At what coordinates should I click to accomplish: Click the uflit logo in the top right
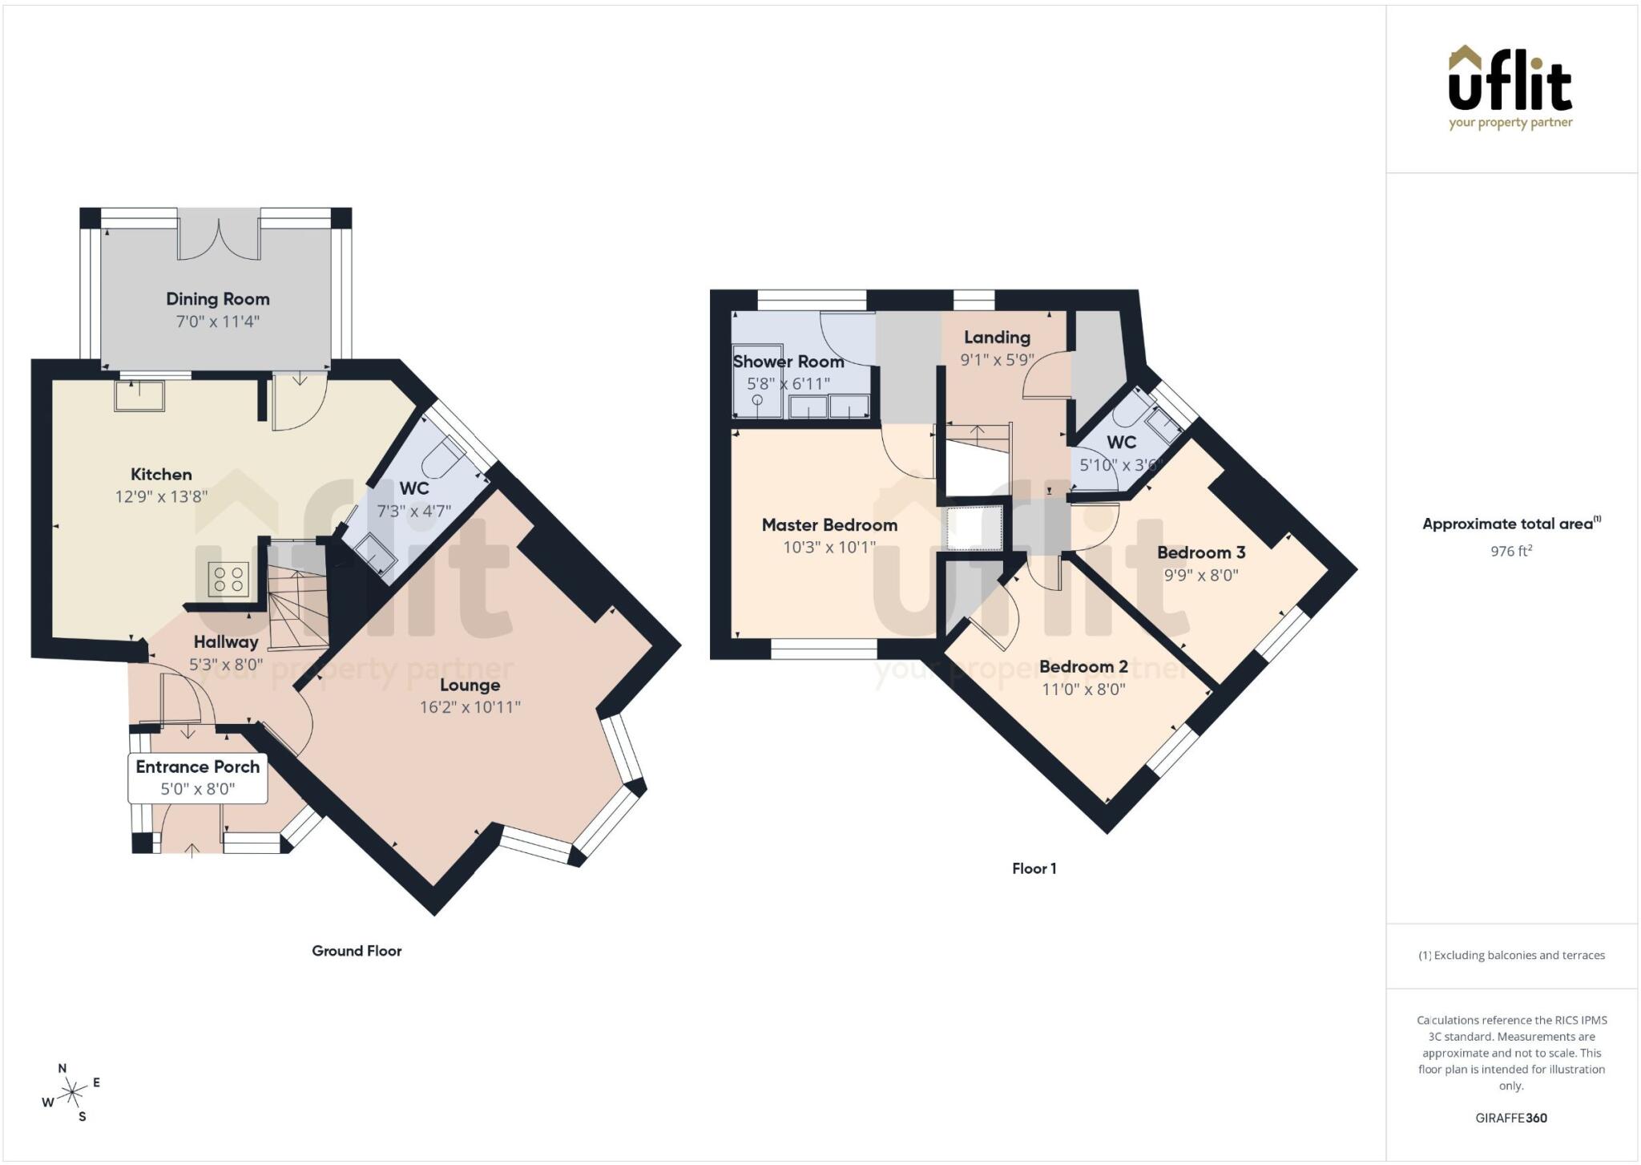coord(1510,87)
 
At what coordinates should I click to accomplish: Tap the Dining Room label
coord(218,299)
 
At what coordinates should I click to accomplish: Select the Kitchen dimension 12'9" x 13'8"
coord(161,496)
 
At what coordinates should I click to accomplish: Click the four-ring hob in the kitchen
coord(228,579)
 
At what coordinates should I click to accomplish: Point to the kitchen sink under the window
coord(139,395)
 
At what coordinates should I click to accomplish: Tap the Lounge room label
coord(470,686)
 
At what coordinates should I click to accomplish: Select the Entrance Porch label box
coord(198,777)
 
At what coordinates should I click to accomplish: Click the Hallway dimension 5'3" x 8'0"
coord(226,664)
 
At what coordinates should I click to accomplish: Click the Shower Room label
coord(788,362)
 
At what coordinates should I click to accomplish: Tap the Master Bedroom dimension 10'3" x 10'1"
coord(829,547)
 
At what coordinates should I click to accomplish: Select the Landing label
coord(997,338)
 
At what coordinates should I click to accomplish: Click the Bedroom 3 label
coord(1201,552)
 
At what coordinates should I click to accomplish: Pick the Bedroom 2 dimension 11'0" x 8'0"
coord(1084,689)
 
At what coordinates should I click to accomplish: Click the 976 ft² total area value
coord(1511,551)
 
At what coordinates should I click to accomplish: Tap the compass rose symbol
coord(72,1091)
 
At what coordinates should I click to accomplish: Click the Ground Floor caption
coord(357,951)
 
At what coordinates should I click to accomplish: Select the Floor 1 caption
coord(1034,868)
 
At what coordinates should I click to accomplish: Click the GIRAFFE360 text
coord(1511,1118)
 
